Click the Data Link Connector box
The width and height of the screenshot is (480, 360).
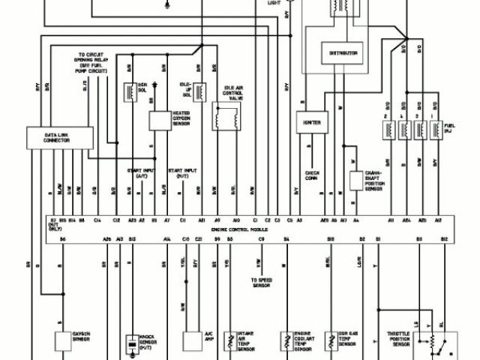pos(58,137)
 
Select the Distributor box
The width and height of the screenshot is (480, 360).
pos(342,53)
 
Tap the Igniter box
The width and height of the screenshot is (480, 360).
pos(311,121)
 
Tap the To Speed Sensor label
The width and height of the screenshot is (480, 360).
pos(261,282)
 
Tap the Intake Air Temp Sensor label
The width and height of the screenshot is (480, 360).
pos(247,343)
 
